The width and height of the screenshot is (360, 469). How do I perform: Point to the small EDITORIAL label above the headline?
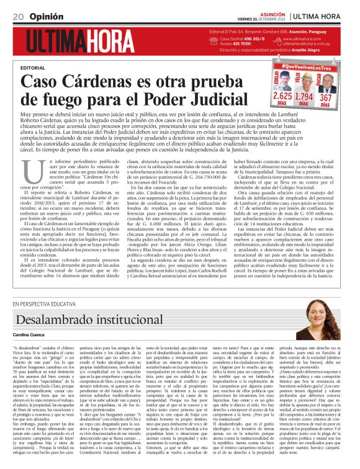point(33,67)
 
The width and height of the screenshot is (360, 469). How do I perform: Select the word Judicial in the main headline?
point(222,99)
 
